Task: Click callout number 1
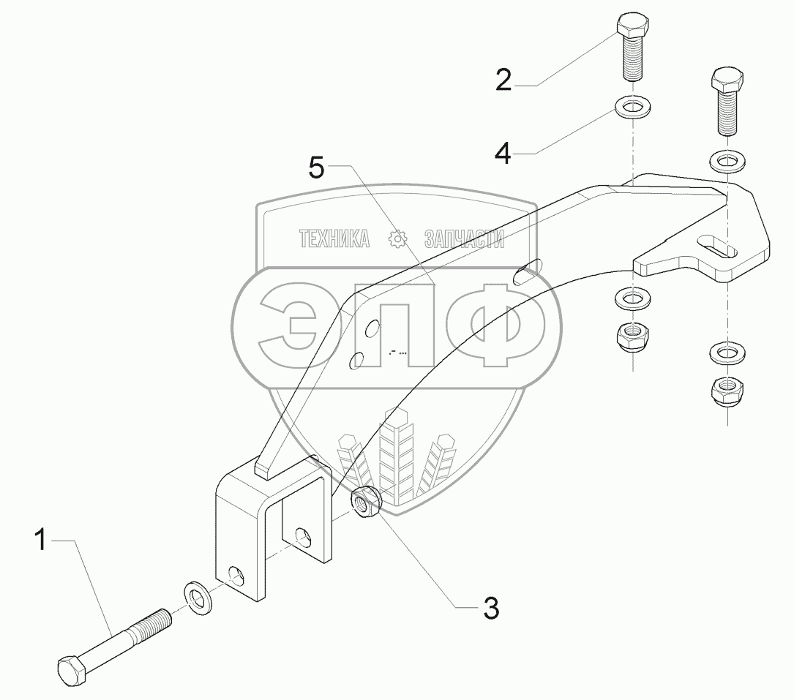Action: point(42,541)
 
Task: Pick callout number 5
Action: point(315,168)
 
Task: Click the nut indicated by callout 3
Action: point(364,503)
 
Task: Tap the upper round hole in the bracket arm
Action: point(372,330)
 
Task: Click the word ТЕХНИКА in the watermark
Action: point(334,238)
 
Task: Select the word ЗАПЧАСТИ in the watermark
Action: point(464,238)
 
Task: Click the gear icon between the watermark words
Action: point(397,238)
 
